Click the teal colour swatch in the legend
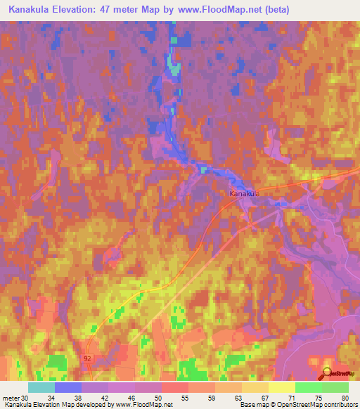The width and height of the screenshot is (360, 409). click(41, 387)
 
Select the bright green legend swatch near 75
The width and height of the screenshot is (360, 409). click(308, 387)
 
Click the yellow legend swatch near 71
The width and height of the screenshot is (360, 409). click(281, 387)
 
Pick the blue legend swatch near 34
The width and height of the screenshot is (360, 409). click(68, 387)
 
